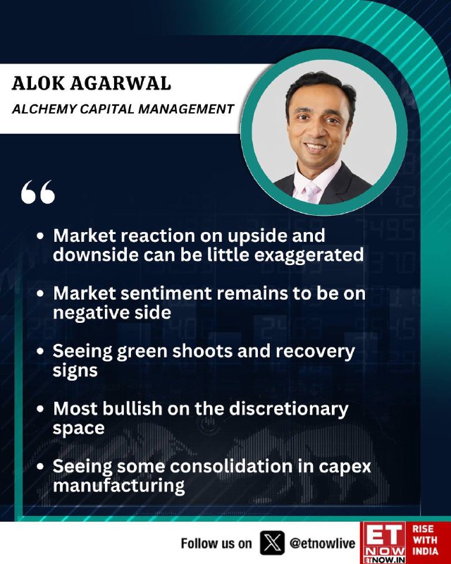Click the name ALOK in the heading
[x=37, y=83]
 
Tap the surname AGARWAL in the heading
[x=121, y=83]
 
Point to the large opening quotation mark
[x=38, y=192]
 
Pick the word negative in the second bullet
[x=93, y=313]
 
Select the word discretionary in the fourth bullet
[x=289, y=410]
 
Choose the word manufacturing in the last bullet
[x=118, y=486]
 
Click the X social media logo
[x=272, y=543]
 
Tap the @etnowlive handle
[x=322, y=544]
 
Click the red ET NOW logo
[x=383, y=543]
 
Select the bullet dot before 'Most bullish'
[x=40, y=409]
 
